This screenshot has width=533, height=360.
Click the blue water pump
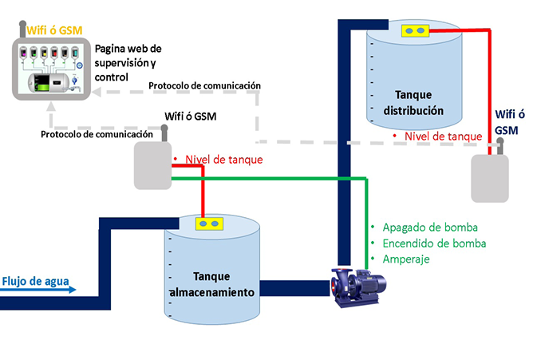(x=359, y=285)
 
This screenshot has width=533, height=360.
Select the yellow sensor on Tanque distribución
(x=414, y=31)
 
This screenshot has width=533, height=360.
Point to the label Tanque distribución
(x=413, y=101)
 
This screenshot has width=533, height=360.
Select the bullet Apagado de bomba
(x=422, y=227)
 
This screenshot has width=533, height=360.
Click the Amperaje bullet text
(x=406, y=260)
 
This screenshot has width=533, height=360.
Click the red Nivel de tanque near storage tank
(x=223, y=160)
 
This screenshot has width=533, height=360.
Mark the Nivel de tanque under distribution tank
(x=442, y=136)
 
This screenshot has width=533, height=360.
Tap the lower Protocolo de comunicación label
(x=97, y=134)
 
